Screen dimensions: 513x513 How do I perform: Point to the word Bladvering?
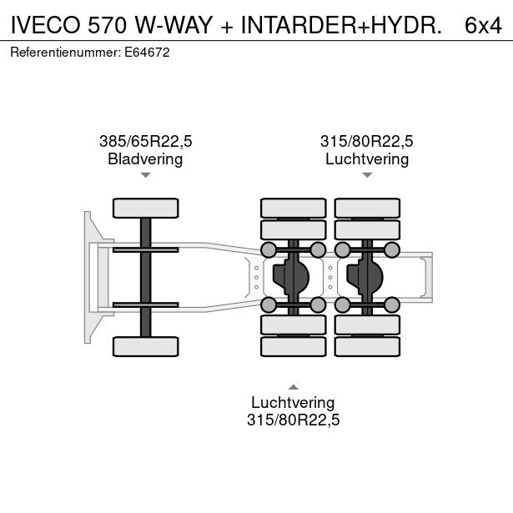(145, 158)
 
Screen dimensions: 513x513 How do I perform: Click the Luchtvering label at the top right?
(367, 158)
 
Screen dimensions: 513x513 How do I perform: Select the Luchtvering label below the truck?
(293, 403)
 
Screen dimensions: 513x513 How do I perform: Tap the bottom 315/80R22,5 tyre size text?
(293, 420)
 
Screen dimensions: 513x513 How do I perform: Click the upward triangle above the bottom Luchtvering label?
(293, 386)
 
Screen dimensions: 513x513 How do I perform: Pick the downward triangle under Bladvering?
(145, 175)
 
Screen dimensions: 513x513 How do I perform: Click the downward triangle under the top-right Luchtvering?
(367, 175)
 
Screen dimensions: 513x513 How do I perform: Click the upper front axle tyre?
(145, 208)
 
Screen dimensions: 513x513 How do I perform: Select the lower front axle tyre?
(145, 345)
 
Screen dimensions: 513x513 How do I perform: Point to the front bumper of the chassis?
(88, 276)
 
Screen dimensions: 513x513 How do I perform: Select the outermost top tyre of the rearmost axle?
(367, 208)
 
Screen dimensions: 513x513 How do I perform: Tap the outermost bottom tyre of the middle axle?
(293, 345)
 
